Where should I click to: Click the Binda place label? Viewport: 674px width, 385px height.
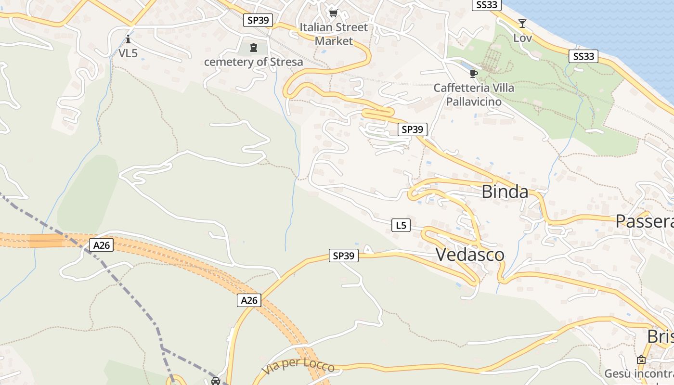(505, 192)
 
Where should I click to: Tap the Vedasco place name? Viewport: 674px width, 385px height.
(470, 255)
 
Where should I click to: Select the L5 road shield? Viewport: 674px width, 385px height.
(401, 225)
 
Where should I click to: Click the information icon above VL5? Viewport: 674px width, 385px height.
(128, 39)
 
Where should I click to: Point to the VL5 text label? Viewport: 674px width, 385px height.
(128, 53)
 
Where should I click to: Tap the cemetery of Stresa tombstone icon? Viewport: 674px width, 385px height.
(254, 48)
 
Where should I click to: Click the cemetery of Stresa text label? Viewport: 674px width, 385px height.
(254, 62)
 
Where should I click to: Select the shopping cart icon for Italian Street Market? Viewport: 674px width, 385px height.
(333, 13)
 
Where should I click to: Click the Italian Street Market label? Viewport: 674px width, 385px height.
(334, 34)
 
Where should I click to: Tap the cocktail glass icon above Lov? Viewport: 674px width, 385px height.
(522, 24)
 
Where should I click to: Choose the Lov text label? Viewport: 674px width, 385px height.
(522, 38)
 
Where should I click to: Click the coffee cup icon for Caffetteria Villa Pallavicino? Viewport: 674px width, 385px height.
(474, 74)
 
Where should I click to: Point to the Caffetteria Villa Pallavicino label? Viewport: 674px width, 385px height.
(474, 95)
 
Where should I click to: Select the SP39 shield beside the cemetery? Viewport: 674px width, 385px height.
(258, 20)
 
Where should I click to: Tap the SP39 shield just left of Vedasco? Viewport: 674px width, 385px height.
(344, 256)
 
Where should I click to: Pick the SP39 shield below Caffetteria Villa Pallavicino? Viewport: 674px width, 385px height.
(413, 129)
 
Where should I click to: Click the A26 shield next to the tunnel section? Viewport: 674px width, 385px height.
(102, 245)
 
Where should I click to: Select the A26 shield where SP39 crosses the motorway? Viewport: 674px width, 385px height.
(249, 300)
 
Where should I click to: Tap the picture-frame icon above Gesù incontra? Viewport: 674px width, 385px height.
(641, 359)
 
